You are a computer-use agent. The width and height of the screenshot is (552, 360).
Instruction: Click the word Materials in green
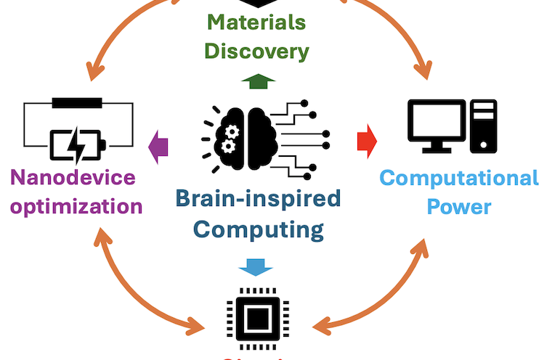pyautogui.click(x=256, y=22)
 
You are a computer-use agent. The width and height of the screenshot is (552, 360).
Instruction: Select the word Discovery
pyautogui.click(x=256, y=52)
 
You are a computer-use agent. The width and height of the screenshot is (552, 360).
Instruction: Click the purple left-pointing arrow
pyautogui.click(x=158, y=144)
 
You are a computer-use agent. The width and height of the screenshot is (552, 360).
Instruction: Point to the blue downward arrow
pyautogui.click(x=256, y=266)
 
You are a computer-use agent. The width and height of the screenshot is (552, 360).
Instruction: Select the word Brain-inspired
pyautogui.click(x=258, y=197)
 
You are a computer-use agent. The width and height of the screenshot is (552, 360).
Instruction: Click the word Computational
pyautogui.click(x=459, y=178)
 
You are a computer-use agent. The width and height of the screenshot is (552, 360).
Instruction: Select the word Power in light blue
pyautogui.click(x=459, y=206)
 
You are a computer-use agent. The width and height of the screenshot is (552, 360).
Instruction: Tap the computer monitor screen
pyautogui.click(x=435, y=120)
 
